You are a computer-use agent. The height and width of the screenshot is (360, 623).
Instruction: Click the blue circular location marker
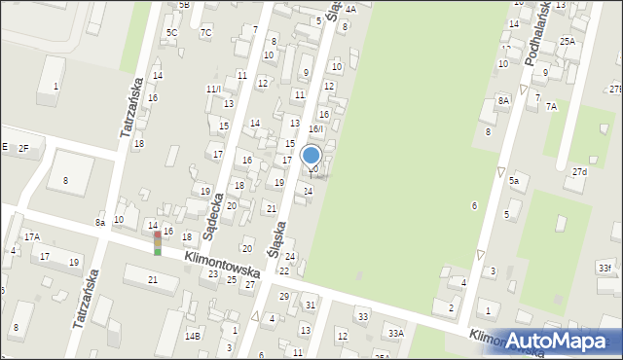click(311, 156)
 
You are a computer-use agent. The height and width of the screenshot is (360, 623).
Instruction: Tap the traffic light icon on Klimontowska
click(158, 243)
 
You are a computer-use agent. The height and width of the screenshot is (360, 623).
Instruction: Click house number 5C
click(171, 32)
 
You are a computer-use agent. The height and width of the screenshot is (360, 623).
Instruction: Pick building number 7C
click(205, 32)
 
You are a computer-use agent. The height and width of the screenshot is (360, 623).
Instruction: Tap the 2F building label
click(23, 148)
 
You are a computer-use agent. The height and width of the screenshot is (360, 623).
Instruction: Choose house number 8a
click(100, 223)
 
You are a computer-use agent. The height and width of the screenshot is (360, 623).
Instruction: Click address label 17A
click(32, 236)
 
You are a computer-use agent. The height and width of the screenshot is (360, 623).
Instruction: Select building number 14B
click(194, 336)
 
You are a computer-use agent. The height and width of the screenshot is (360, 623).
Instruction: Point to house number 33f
click(605, 268)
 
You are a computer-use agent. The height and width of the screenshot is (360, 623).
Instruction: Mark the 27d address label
click(579, 172)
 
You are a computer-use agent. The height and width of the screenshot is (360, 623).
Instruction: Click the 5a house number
click(513, 181)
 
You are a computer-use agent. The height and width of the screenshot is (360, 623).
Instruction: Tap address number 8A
click(503, 100)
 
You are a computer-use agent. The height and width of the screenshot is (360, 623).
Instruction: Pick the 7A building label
click(551, 106)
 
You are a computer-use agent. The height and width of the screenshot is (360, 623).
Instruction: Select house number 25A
click(567, 42)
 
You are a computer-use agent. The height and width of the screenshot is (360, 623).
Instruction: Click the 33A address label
click(395, 333)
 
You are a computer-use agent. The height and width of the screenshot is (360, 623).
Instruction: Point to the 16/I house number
click(315, 129)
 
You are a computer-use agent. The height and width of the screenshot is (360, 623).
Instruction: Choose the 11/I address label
click(213, 89)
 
